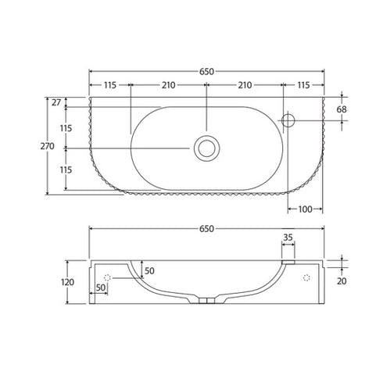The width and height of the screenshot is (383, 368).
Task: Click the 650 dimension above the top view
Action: click(206, 70)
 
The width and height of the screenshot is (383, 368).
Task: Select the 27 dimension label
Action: click(55, 102)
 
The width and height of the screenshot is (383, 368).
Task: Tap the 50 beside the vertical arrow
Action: click(149, 270)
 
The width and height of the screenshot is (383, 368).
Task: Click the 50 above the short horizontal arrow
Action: click(101, 288)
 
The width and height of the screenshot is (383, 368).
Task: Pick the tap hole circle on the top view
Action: click(288, 119)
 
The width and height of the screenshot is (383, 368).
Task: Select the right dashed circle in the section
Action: click(306, 277)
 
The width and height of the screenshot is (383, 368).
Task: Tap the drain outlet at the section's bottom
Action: click(206, 301)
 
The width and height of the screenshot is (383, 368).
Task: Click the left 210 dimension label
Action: click(167, 84)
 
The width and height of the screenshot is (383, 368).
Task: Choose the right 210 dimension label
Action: click(244, 84)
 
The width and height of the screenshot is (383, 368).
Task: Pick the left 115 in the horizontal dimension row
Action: click(109, 84)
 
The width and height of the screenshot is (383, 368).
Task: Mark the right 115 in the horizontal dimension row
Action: click(302, 84)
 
